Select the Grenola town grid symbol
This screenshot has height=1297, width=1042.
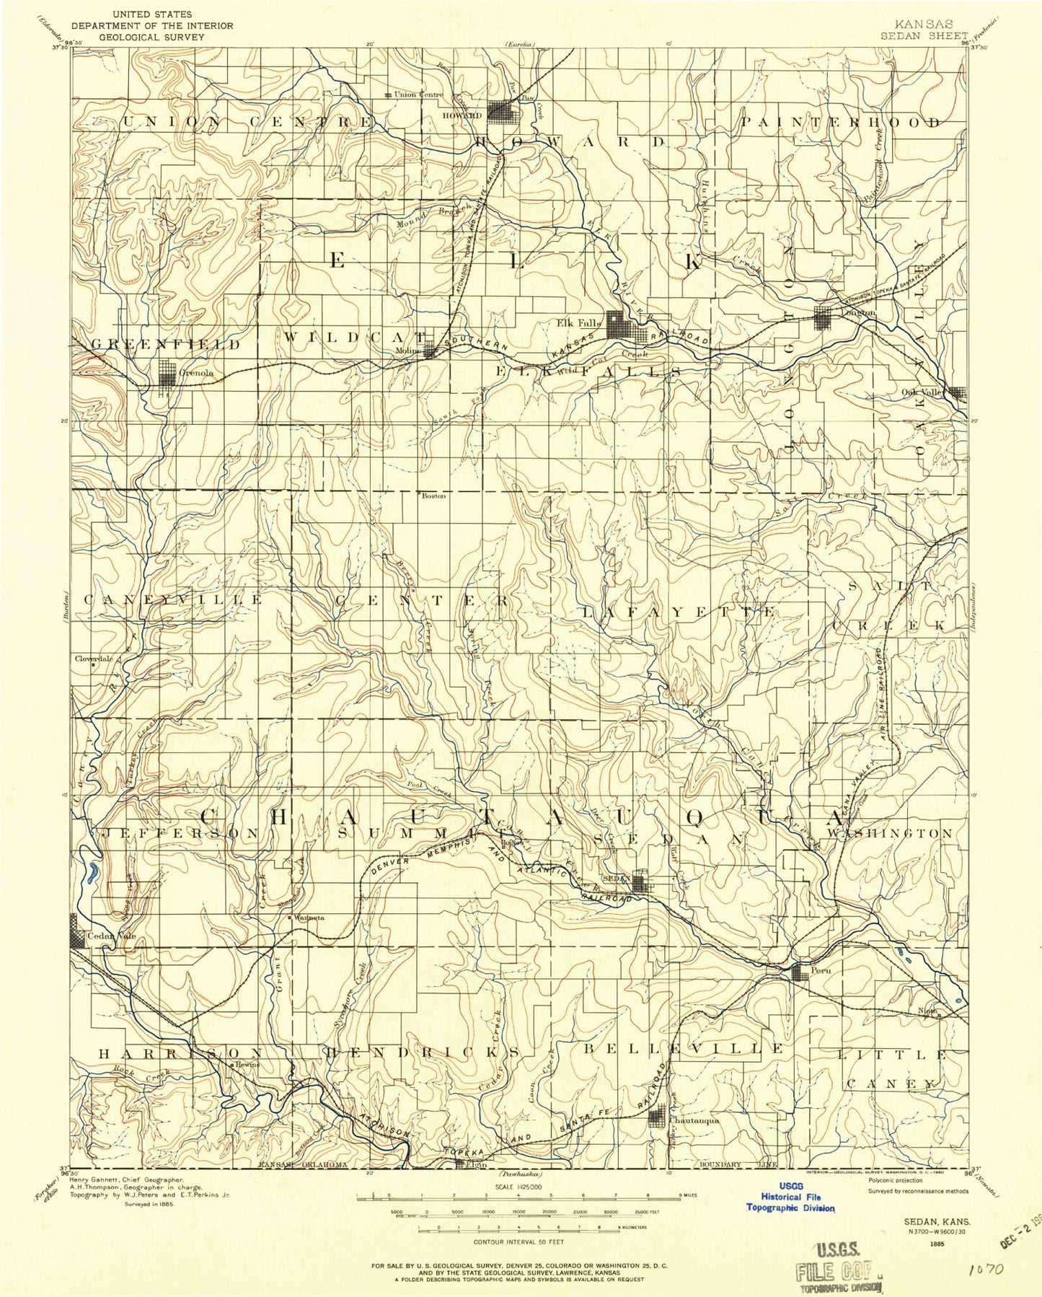tap(167, 373)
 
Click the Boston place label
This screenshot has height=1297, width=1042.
tap(433, 496)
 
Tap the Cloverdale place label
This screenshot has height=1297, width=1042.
tap(93, 659)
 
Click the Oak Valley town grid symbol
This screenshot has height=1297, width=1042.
tap(957, 392)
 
